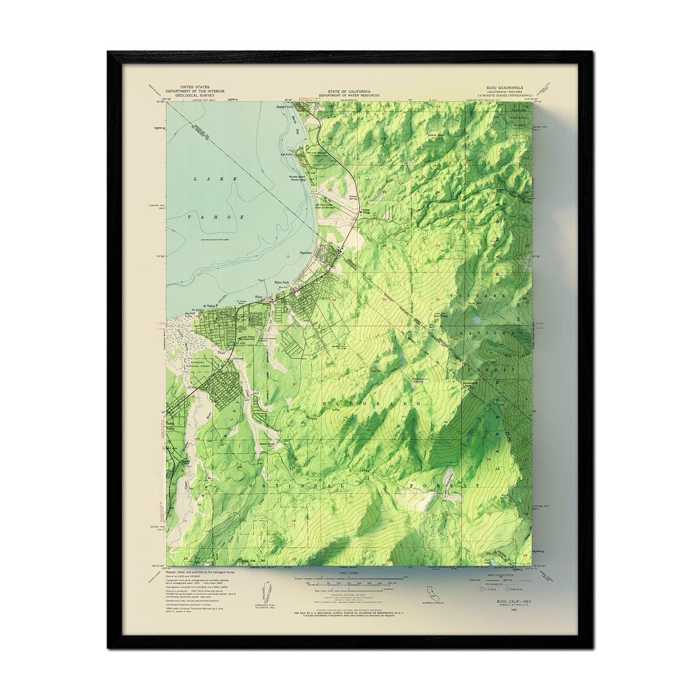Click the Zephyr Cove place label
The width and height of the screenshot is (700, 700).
[286, 107]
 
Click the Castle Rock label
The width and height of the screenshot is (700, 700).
[435, 135]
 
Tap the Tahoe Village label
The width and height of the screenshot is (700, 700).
[366, 212]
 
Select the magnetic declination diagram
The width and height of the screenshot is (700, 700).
[264, 592]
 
